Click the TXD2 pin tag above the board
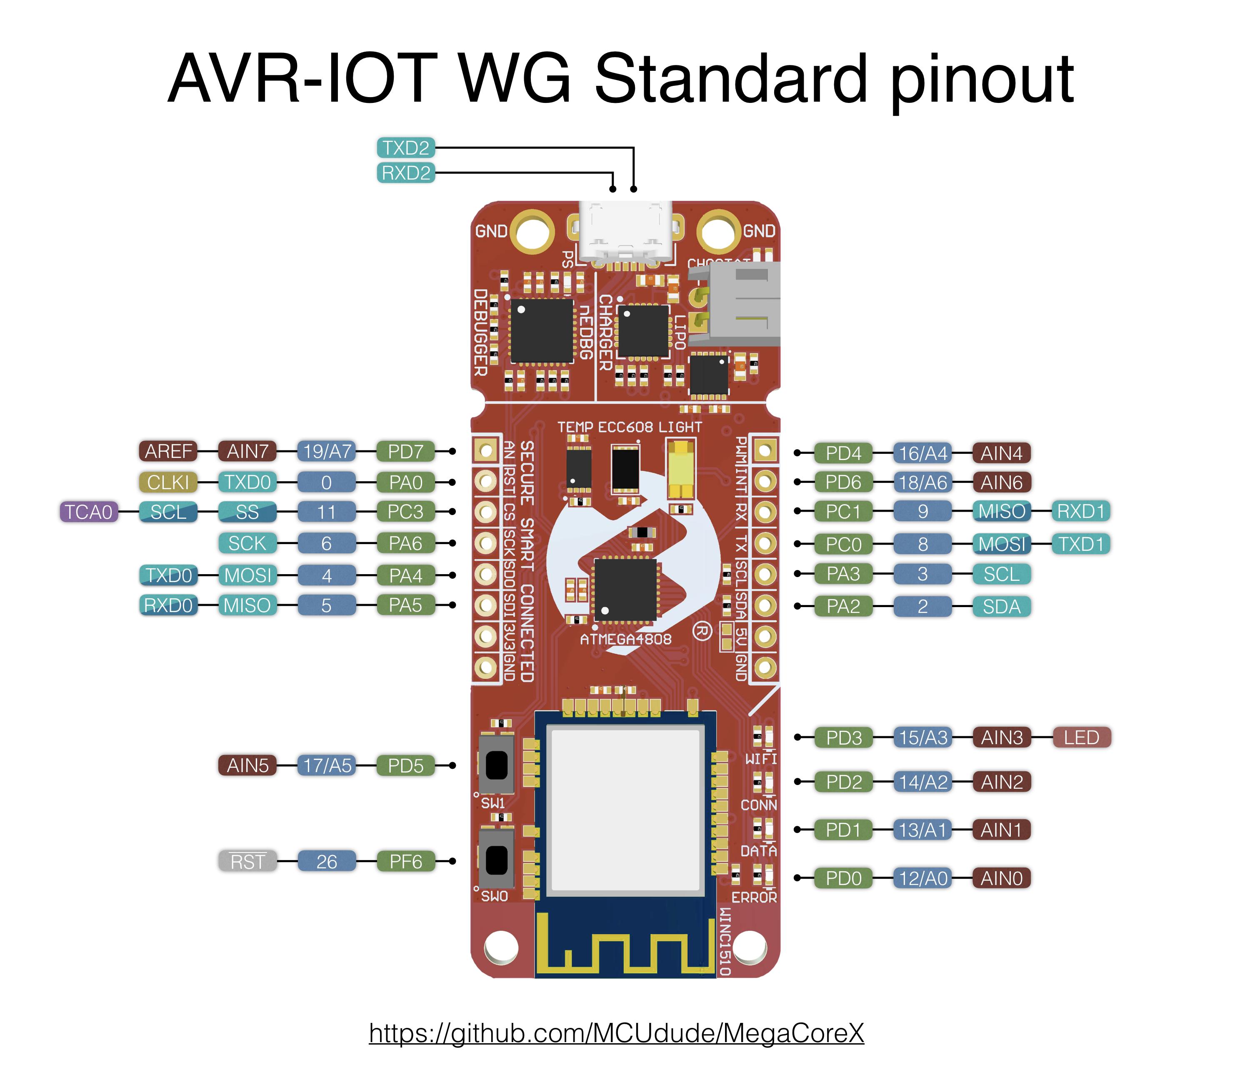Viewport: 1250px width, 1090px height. point(406,148)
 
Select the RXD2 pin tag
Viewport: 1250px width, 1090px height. point(406,173)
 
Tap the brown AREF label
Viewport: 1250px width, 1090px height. point(168,451)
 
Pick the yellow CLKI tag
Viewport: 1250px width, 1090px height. point(168,482)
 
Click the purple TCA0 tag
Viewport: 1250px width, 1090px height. point(89,512)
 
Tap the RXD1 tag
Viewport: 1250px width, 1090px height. point(1080,512)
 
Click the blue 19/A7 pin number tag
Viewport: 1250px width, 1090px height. point(327,451)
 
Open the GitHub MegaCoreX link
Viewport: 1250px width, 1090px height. point(616,1033)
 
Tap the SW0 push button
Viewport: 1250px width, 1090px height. point(496,859)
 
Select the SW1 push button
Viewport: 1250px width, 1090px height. point(496,765)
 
